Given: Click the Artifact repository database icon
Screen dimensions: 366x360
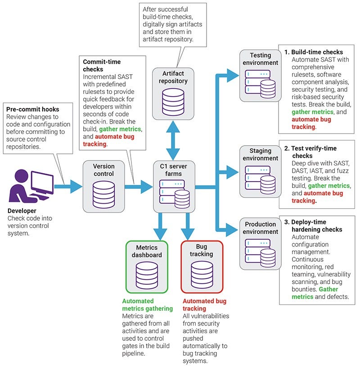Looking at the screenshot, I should click(x=173, y=101).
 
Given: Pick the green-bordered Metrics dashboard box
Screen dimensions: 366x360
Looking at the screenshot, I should click(x=146, y=267).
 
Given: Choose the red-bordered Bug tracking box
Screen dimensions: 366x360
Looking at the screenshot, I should click(x=201, y=267).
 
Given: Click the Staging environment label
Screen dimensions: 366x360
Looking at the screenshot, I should click(x=261, y=154).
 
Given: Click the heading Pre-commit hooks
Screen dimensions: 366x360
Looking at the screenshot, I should click(x=33, y=110).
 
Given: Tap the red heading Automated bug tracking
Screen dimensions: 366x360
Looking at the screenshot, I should click(x=203, y=305).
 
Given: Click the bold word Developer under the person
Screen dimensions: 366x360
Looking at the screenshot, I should click(x=22, y=210).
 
